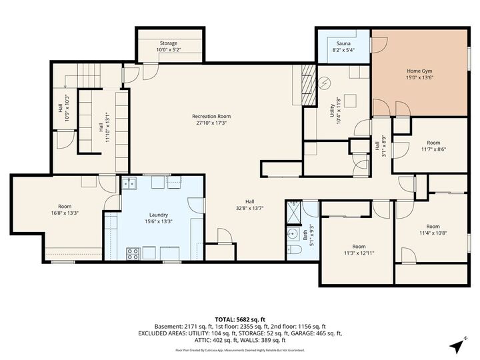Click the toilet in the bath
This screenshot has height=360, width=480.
(294, 250)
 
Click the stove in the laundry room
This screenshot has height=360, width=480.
(132, 253)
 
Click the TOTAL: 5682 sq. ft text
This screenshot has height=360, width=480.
(239, 319)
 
